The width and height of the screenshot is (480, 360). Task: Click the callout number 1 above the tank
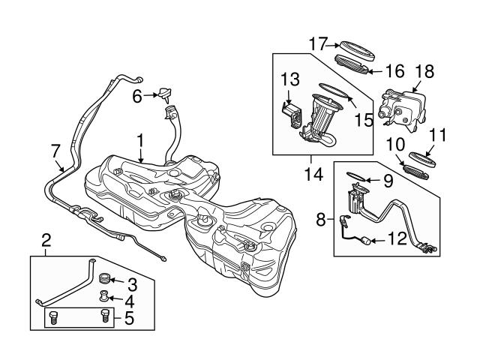point(139,139)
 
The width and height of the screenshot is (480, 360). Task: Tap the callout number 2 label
point(46,241)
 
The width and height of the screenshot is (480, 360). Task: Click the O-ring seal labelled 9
point(360,179)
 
